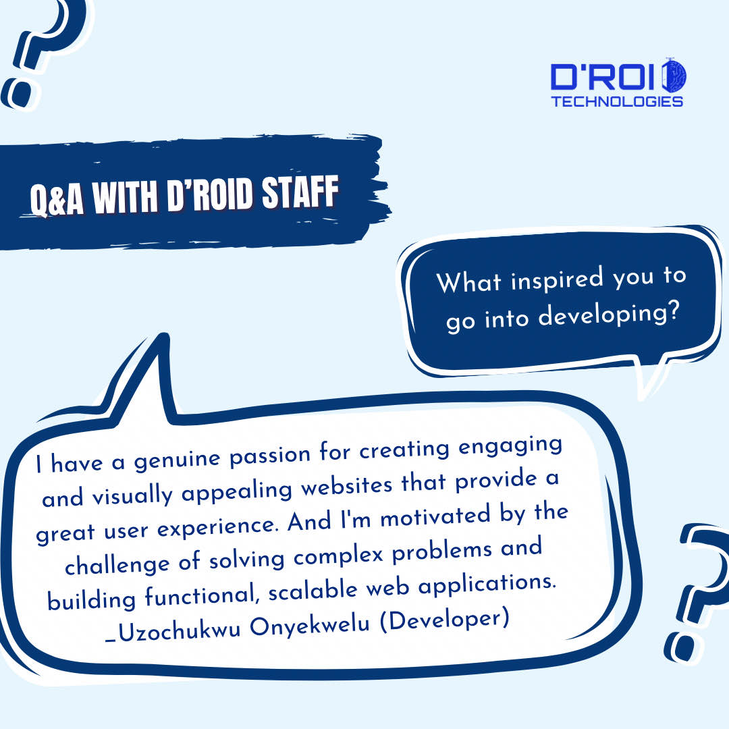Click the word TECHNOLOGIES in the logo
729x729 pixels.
pos(617,102)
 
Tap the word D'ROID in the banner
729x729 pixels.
pos(190,196)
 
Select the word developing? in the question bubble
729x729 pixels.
pos(607,313)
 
